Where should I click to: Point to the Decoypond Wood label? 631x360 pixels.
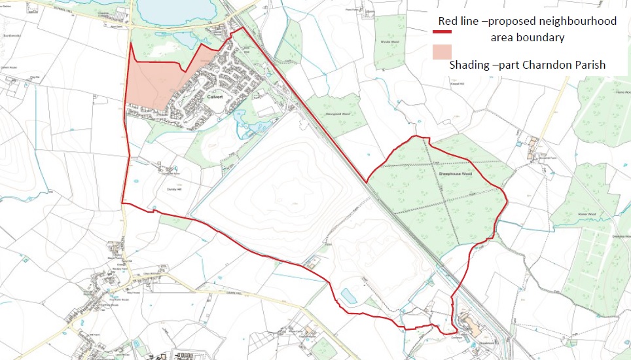pyautogui.click(x=338, y=114)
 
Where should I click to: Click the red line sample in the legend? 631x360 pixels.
pyautogui.click(x=451, y=30)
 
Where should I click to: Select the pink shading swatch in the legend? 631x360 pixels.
pyautogui.click(x=442, y=52)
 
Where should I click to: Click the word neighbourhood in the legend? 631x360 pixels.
pyautogui.click(x=581, y=22)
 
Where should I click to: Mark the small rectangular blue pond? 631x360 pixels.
pyautogui.click(x=349, y=296)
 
